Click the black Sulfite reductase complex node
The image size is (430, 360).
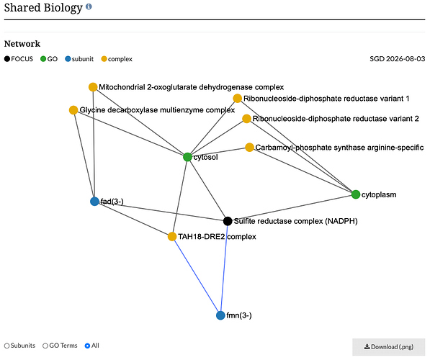coord(228,221)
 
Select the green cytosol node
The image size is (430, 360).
coord(187,157)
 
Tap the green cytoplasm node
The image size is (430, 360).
coord(356,194)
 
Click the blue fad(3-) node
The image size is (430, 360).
coord(94,202)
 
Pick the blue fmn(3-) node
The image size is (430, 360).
coord(220,315)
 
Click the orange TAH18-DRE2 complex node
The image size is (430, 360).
coord(172,236)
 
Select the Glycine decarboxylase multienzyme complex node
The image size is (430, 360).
coord(73,110)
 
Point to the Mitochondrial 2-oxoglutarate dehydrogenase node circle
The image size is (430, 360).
coord(93,87)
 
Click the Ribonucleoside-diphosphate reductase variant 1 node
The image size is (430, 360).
coord(237,98)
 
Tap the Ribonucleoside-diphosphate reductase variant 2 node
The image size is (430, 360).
coord(246,119)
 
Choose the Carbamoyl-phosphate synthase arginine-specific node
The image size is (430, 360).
coord(249,147)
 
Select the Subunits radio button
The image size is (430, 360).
coord(7,346)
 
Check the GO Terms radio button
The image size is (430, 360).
coord(45,346)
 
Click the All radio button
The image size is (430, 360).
coord(87,346)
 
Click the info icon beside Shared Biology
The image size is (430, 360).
coord(89,6)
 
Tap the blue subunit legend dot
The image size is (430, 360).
coord(68,59)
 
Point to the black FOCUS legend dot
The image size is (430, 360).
coord(7,59)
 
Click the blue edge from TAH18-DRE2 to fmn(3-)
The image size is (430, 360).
coord(197,276)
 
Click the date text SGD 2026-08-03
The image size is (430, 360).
coord(398,59)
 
